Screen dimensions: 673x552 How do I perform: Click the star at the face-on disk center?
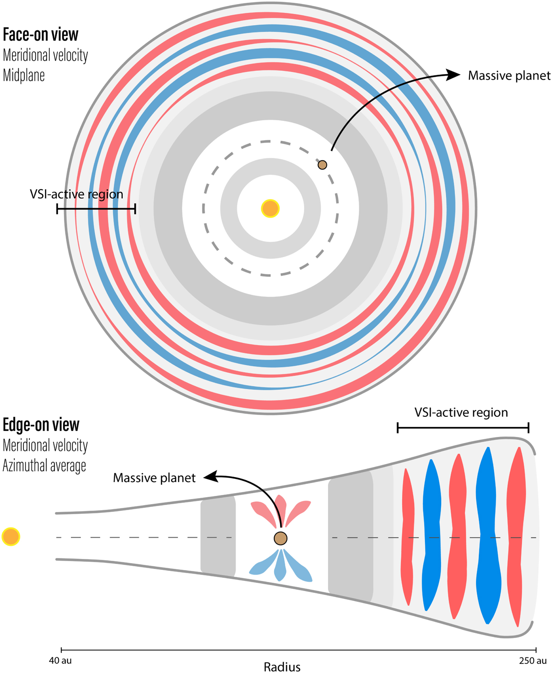(x=270, y=208)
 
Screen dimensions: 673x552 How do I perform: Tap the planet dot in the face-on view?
(x=322, y=165)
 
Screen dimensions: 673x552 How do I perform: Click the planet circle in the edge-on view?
(x=281, y=538)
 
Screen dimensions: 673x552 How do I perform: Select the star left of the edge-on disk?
(x=11, y=536)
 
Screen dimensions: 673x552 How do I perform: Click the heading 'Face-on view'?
(x=40, y=35)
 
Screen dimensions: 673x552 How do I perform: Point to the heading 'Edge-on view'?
(x=41, y=425)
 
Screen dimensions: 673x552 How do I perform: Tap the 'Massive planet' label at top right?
(x=509, y=76)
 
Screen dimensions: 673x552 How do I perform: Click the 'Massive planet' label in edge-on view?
(x=154, y=478)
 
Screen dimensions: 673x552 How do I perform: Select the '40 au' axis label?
(x=60, y=661)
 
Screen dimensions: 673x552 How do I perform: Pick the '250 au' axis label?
(x=533, y=661)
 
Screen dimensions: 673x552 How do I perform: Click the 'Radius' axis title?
(x=282, y=667)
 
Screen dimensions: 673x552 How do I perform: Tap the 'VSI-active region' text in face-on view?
(x=76, y=194)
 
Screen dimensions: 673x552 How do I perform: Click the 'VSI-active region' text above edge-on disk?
(x=461, y=413)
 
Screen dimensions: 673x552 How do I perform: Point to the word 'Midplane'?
(x=24, y=75)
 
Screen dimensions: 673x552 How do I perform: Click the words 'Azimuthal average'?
(x=44, y=466)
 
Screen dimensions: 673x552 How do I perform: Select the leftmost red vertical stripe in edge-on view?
(x=407, y=536)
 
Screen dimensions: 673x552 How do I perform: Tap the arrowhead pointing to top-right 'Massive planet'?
(x=454, y=75)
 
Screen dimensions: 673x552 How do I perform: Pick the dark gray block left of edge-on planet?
(x=218, y=536)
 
